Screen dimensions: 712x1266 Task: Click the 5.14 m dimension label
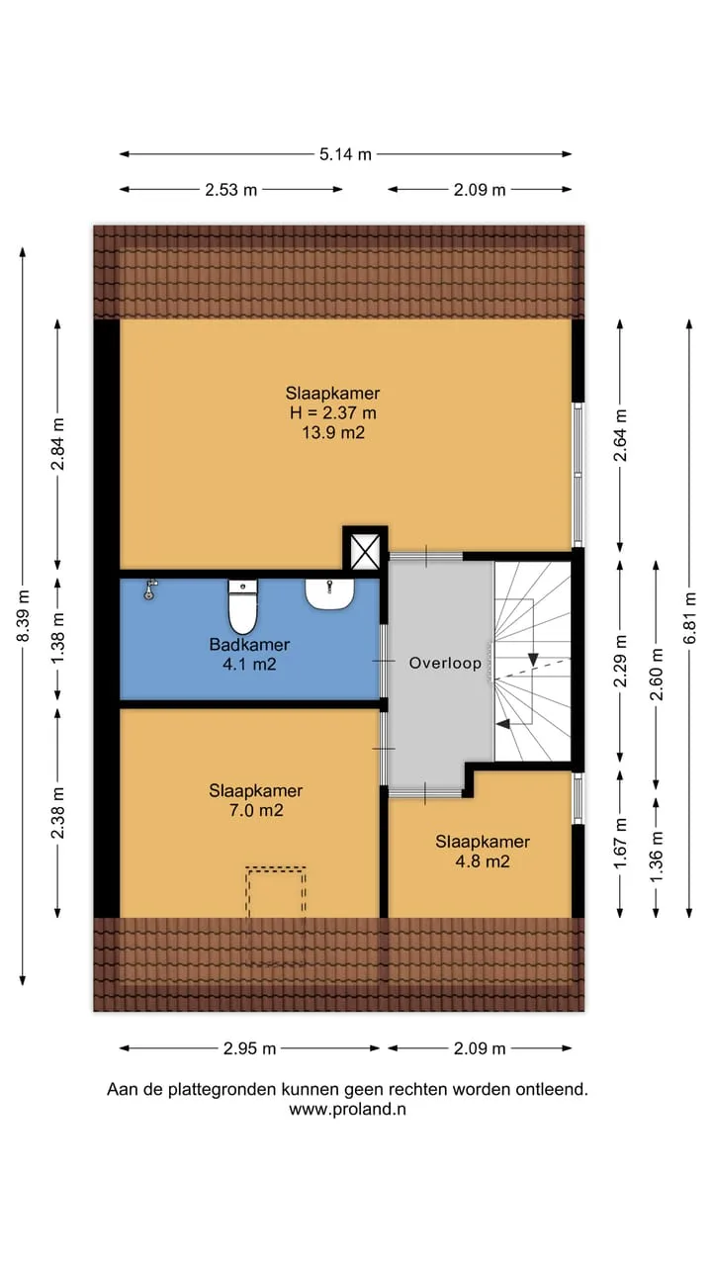pyautogui.click(x=345, y=153)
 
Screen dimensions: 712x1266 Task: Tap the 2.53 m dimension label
pyautogui.click(x=230, y=189)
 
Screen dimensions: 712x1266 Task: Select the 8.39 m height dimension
pyautogui.click(x=23, y=615)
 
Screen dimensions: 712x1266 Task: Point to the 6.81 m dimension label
pyautogui.click(x=689, y=617)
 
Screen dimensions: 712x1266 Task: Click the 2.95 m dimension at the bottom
pyautogui.click(x=250, y=1048)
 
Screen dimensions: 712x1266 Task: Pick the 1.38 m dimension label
pyautogui.click(x=57, y=638)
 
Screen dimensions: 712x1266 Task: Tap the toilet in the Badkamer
pyautogui.click(x=243, y=606)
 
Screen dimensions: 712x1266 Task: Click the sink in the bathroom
pyautogui.click(x=329, y=594)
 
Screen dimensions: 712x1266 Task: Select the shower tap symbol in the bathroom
pyautogui.click(x=149, y=588)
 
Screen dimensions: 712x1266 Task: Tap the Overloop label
pyautogui.click(x=445, y=663)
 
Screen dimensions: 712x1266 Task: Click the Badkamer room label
pyautogui.click(x=249, y=644)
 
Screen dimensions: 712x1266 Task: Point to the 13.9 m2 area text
pyautogui.click(x=333, y=433)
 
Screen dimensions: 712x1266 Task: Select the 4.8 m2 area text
pyautogui.click(x=483, y=861)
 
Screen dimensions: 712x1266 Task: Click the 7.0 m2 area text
pyautogui.click(x=256, y=810)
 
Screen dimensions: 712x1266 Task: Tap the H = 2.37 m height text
pyautogui.click(x=333, y=412)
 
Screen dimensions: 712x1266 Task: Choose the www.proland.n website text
pyautogui.click(x=347, y=1110)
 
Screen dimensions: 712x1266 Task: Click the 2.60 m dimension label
pyautogui.click(x=656, y=675)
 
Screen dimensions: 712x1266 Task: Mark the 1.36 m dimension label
pyautogui.click(x=656, y=857)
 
